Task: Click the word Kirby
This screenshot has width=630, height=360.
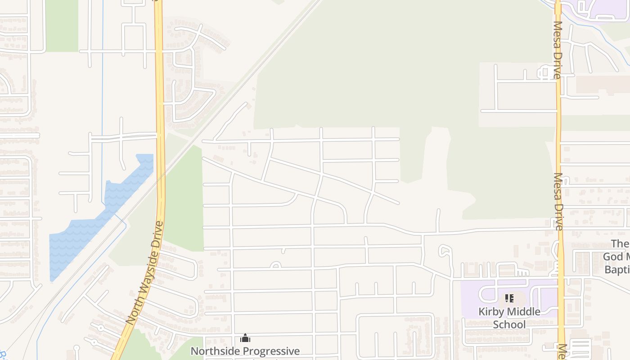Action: [491, 312]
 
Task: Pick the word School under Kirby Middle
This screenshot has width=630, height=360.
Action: [509, 324]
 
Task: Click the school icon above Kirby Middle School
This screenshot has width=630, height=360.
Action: [509, 298]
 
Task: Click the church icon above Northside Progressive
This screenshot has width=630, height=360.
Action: [245, 338]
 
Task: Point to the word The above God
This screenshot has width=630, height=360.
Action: [620, 244]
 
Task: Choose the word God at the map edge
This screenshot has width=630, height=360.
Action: [613, 257]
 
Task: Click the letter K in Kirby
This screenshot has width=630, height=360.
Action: [481, 312]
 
